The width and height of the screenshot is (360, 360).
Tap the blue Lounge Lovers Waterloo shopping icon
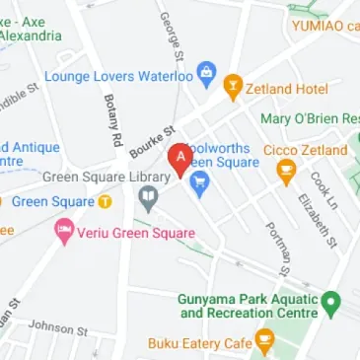point(206,73)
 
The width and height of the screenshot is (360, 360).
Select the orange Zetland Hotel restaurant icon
point(233,88)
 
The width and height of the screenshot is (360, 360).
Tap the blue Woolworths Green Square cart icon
point(199,181)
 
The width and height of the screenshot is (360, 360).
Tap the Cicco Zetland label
point(306,150)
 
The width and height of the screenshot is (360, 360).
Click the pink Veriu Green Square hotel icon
point(63,234)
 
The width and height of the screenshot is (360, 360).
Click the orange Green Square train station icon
point(104,201)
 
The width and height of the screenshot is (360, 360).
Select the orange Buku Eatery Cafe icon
point(262,343)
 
